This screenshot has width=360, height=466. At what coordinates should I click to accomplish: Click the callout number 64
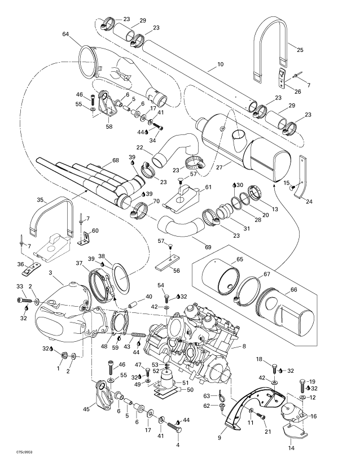pyautogui.click(x=65, y=34)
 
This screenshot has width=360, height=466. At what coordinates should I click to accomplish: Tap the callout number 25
pyautogui.click(x=300, y=50)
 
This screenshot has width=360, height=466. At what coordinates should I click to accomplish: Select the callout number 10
pyautogui.click(x=220, y=64)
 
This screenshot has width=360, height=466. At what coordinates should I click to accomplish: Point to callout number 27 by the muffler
pyautogui.click(x=219, y=167)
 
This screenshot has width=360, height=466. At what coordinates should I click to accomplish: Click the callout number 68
pyautogui.click(x=116, y=160)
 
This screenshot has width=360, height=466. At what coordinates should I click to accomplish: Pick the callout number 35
pyautogui.click(x=40, y=200)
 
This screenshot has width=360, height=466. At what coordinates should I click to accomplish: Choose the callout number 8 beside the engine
pyautogui.click(x=244, y=346)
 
